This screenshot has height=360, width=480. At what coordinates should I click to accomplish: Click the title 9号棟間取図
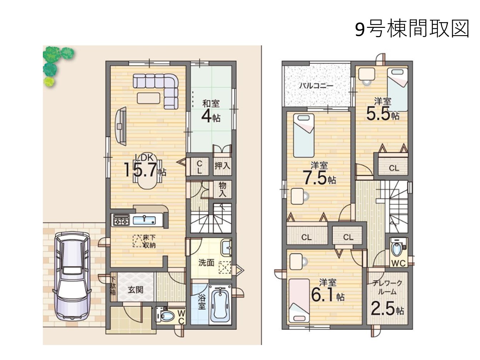tap(412, 29)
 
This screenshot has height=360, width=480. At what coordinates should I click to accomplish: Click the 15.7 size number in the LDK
tap(141, 170)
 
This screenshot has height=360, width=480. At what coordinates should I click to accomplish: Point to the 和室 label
tap(211, 104)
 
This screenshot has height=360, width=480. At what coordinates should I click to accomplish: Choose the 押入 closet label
tap(222, 166)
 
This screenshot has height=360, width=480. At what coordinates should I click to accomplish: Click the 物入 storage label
tap(222, 189)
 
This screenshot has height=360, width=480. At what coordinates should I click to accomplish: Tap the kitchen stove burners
tap(121, 220)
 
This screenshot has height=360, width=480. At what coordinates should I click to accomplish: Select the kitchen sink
tap(144, 220)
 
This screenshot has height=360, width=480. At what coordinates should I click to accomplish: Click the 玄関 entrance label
tap(136, 290)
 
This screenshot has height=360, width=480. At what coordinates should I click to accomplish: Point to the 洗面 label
tap(206, 262)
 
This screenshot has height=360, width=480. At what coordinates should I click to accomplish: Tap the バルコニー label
tap(316, 85)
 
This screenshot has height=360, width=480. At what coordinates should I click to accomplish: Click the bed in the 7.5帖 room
tap(304, 135)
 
